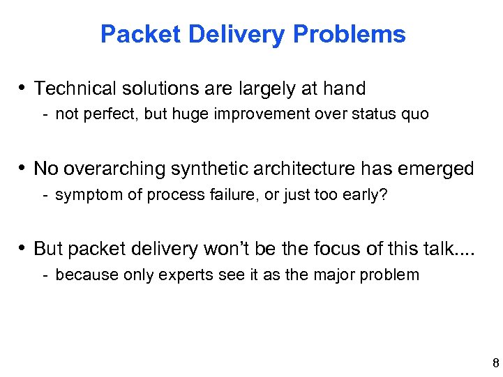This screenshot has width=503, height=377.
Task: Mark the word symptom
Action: click(84, 194)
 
